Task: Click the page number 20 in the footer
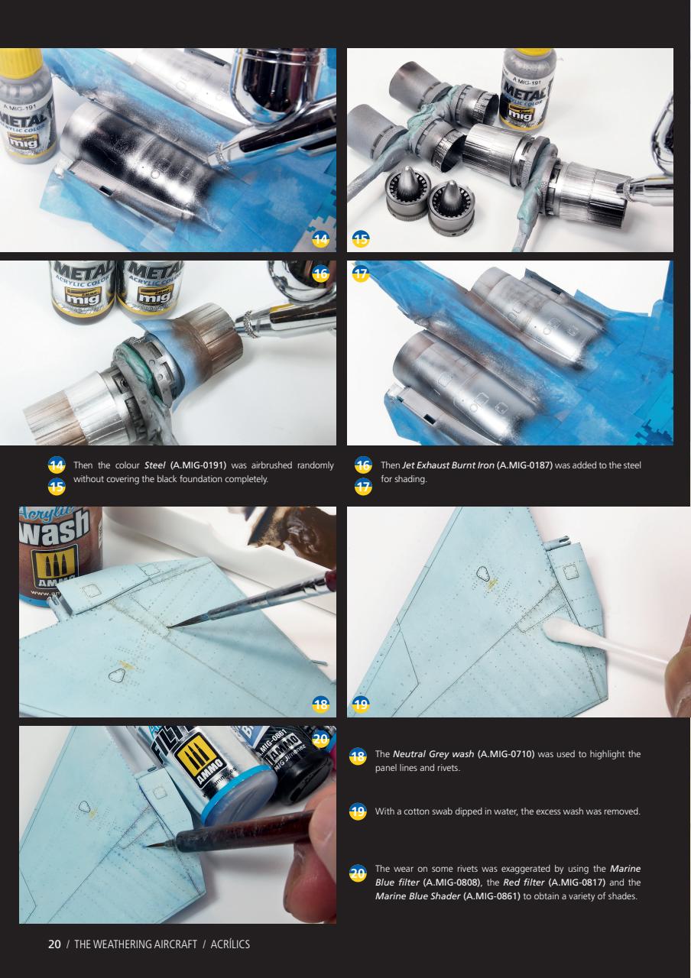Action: click(54, 944)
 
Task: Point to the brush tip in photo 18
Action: click(174, 626)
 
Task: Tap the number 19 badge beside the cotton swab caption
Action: click(357, 811)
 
